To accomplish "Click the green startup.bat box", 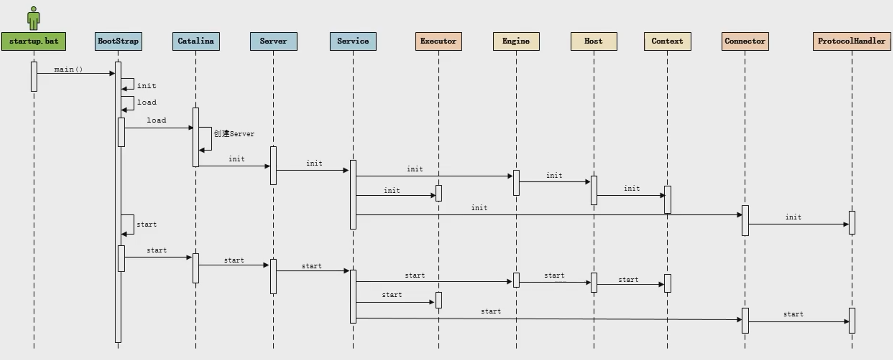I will click(x=34, y=41).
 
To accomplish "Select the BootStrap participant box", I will click(x=118, y=41).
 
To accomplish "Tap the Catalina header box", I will click(x=196, y=41).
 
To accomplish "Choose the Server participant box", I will click(x=273, y=41).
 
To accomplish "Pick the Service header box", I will click(x=353, y=41).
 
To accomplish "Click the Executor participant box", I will click(x=438, y=41).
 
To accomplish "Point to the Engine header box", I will click(x=516, y=41).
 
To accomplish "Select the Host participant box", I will click(x=594, y=41).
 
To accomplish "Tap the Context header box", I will click(x=667, y=41).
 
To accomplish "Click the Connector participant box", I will click(x=745, y=41).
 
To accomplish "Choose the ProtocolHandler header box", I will click(x=852, y=41).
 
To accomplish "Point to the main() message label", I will click(x=69, y=69).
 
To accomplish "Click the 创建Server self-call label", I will click(x=234, y=134).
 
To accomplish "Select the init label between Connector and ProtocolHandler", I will click(x=793, y=217).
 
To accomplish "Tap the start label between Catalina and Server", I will click(x=234, y=260).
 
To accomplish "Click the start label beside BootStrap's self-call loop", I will click(x=147, y=225).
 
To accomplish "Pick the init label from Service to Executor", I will click(x=392, y=191).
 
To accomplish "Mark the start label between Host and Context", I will click(x=628, y=280).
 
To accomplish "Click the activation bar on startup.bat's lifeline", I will click(x=34, y=77).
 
